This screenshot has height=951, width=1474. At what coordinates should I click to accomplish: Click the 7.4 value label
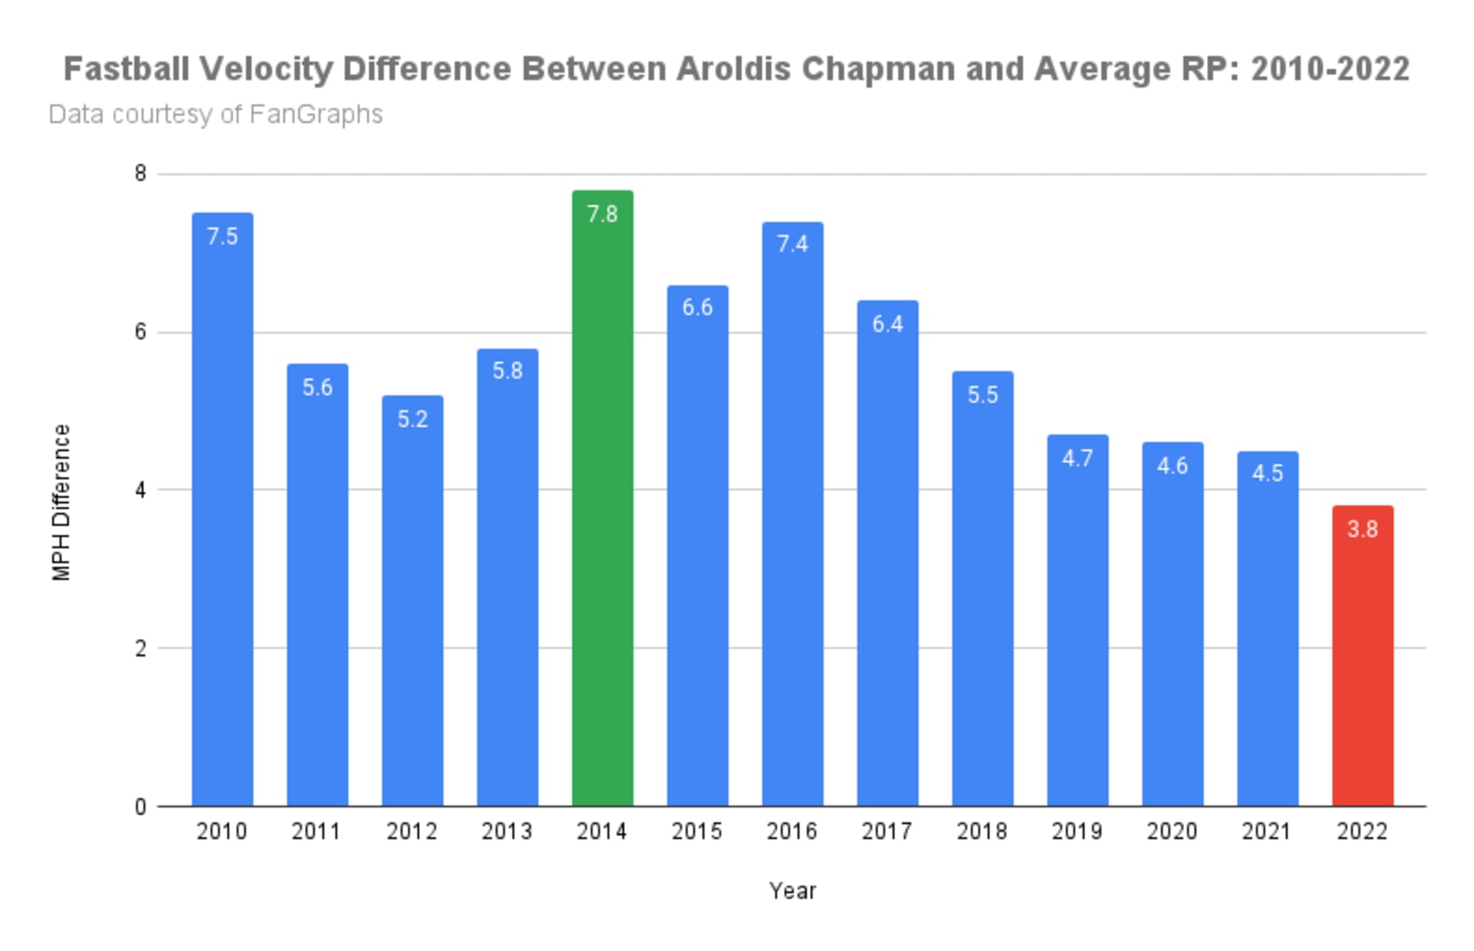(792, 244)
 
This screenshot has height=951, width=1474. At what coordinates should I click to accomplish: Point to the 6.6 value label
(697, 307)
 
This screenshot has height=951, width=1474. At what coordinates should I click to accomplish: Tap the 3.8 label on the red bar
(1362, 529)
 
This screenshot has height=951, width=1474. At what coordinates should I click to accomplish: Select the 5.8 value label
(507, 371)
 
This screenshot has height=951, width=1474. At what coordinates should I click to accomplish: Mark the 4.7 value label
(1077, 458)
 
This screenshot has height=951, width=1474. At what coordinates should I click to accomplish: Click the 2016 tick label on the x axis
(792, 831)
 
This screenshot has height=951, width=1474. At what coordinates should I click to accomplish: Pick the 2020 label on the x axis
(1172, 831)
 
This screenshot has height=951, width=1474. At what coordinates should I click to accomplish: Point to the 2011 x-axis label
(317, 831)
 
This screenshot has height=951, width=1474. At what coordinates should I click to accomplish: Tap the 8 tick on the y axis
(141, 174)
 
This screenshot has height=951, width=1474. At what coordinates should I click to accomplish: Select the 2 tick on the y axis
(141, 648)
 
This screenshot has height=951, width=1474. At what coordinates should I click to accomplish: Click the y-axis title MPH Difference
(61, 502)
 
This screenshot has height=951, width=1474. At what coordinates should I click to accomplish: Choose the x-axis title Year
(792, 890)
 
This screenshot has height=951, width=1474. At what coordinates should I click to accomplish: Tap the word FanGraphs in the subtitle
(315, 114)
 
